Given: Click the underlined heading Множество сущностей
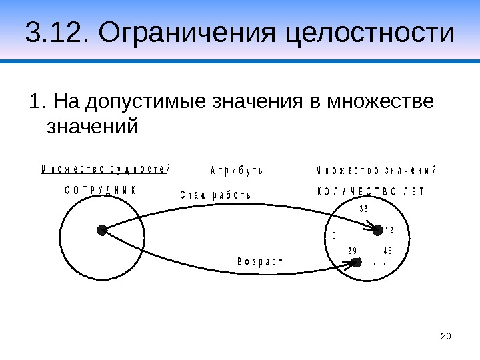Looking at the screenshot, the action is (x=105, y=169).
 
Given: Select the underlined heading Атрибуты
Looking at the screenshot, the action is (x=237, y=170).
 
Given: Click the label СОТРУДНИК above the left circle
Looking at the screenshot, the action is (x=100, y=191).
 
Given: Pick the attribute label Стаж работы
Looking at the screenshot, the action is (x=217, y=195).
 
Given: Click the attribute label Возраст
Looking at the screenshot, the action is (x=260, y=261).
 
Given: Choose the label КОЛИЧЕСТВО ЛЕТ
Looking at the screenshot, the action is (x=370, y=192).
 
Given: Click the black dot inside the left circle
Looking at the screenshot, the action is (x=102, y=230).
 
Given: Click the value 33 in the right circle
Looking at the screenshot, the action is (x=364, y=209).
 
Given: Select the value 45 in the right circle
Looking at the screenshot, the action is (x=388, y=251).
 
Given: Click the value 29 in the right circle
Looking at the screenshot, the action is (x=353, y=251).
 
